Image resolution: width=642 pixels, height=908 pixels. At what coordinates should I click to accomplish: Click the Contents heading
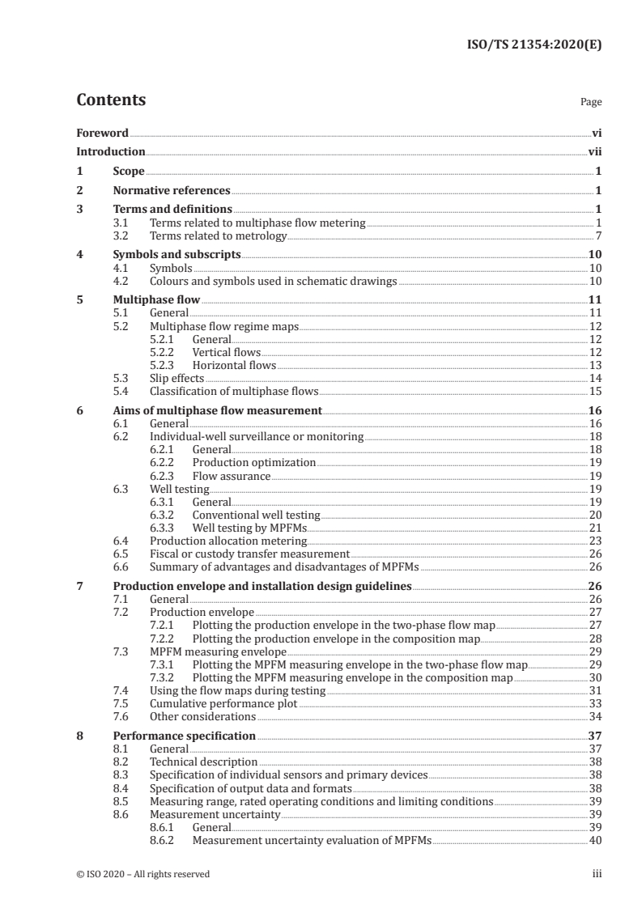(x=111, y=100)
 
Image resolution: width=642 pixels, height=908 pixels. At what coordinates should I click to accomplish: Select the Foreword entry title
(x=102, y=132)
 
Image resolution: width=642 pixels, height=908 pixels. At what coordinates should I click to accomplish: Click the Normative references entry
(x=172, y=190)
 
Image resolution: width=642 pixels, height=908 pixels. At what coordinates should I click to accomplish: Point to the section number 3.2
(x=121, y=235)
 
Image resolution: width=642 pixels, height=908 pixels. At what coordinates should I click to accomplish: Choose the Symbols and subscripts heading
(x=177, y=255)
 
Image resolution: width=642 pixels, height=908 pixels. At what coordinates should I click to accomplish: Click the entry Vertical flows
(x=226, y=352)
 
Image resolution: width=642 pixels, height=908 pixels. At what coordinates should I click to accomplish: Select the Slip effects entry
(x=176, y=378)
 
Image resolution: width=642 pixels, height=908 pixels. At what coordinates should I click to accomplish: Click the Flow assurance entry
(x=231, y=476)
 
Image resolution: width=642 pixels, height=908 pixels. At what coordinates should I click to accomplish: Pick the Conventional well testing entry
(x=256, y=515)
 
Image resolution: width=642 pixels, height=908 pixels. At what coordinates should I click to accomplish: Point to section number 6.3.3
(x=164, y=528)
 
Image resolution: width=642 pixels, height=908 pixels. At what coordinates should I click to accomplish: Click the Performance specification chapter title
(x=185, y=736)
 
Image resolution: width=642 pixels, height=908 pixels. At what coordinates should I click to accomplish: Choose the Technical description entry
(x=204, y=762)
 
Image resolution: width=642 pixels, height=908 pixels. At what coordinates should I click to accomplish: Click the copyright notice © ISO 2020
(x=143, y=874)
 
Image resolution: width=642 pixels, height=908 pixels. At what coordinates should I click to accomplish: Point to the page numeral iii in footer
(x=597, y=874)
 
